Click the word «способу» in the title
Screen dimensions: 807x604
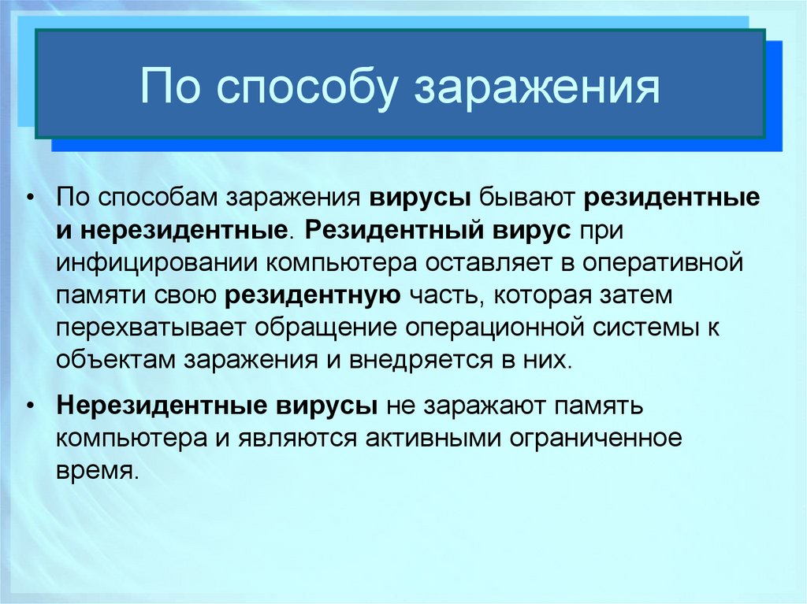(x=306, y=88)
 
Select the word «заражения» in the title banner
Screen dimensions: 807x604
(x=537, y=88)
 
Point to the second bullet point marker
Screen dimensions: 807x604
(x=32, y=406)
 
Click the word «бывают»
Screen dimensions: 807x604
(x=527, y=198)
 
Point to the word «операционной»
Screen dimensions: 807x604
(x=495, y=328)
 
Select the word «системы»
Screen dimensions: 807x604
(x=645, y=328)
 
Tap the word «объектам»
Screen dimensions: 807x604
(x=116, y=360)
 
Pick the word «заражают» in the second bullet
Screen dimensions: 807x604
(x=485, y=406)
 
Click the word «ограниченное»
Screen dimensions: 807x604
(x=596, y=439)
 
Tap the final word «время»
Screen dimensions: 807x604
(x=98, y=471)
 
